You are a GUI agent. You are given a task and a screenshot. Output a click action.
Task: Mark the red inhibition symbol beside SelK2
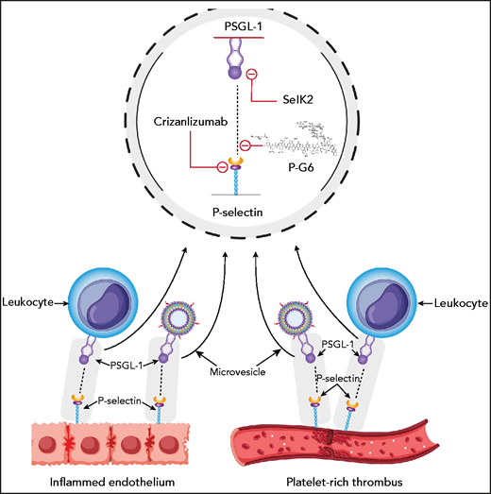tap(251, 74)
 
